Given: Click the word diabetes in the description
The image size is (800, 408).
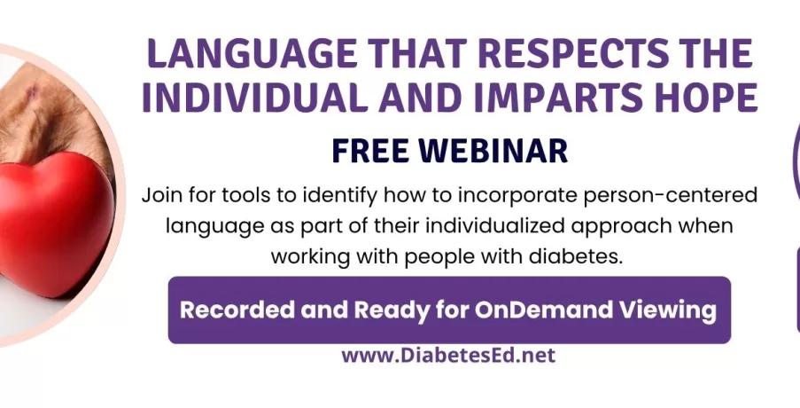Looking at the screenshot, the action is point(576,256).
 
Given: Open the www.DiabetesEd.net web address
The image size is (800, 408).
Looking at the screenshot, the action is point(448,355).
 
